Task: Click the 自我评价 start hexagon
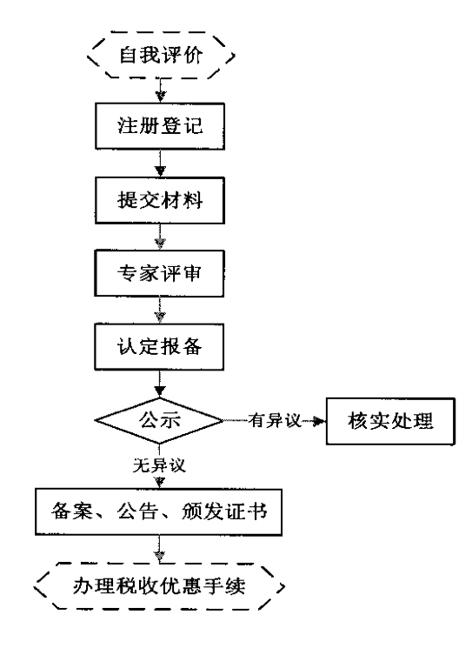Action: (160, 59)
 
